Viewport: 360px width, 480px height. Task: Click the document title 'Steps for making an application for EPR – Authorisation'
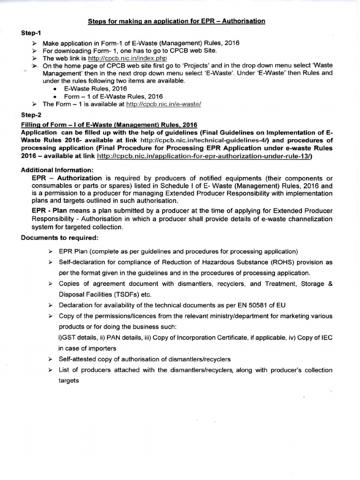(x=176, y=21)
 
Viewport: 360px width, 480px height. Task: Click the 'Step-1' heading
(x=31, y=33)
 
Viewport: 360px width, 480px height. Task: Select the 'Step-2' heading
(x=31, y=114)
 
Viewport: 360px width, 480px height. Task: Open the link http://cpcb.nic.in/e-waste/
(x=161, y=104)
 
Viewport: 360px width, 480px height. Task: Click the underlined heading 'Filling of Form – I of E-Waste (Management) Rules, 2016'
(x=109, y=124)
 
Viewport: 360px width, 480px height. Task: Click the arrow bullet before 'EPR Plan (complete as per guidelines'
(x=50, y=252)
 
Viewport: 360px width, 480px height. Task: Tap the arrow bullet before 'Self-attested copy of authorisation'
(x=50, y=359)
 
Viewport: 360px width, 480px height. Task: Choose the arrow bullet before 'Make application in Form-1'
(x=34, y=43)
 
